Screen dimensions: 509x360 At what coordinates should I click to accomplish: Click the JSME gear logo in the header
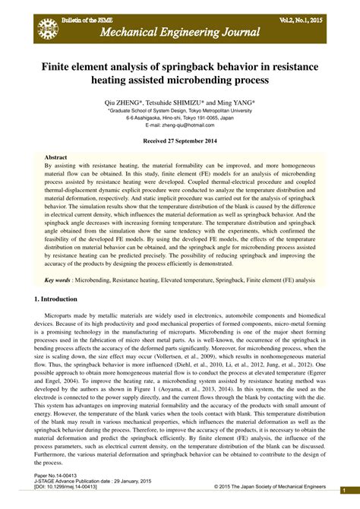tap(47, 28)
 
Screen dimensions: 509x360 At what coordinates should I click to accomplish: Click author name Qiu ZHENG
tap(135, 101)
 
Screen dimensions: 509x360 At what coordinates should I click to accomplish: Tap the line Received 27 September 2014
tap(179, 141)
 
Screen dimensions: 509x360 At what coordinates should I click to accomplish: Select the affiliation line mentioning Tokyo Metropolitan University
tap(179, 110)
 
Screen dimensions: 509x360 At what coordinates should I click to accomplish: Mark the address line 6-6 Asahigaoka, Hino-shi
tap(179, 118)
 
